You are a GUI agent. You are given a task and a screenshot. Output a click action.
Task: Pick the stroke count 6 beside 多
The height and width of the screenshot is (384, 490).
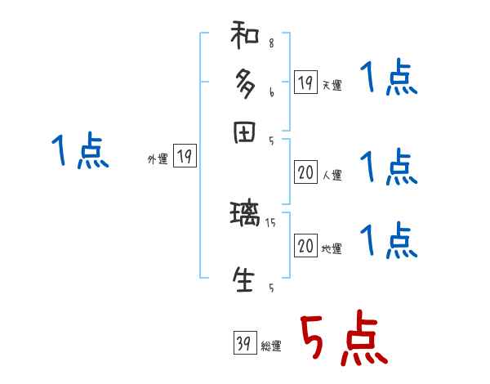(x=271, y=93)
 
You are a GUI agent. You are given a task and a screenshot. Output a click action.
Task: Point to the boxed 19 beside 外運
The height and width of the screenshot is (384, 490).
(x=185, y=158)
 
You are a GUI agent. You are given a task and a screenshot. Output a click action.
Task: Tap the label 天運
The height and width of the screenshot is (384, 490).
(x=332, y=85)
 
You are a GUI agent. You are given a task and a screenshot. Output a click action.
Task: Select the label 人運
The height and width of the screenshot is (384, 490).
(x=332, y=175)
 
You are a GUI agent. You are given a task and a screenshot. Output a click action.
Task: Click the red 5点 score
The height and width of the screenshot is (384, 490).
(x=341, y=340)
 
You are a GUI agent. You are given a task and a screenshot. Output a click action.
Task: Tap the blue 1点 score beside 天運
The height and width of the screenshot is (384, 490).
(x=390, y=80)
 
